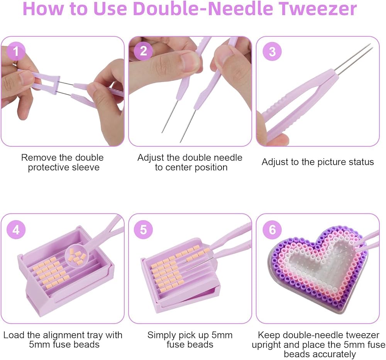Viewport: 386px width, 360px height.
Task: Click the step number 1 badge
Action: coord(16,51)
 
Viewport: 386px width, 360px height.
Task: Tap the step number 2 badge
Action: coord(143,51)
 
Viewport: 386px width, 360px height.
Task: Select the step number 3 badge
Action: coord(272,51)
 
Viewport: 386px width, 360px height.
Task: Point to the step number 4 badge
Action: coord(16,230)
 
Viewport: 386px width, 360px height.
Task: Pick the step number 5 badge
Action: coord(143,230)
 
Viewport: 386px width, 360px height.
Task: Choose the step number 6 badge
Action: coord(272,230)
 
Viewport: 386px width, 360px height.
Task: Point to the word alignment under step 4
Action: coord(64,335)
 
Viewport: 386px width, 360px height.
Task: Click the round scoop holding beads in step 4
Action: coord(77,256)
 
